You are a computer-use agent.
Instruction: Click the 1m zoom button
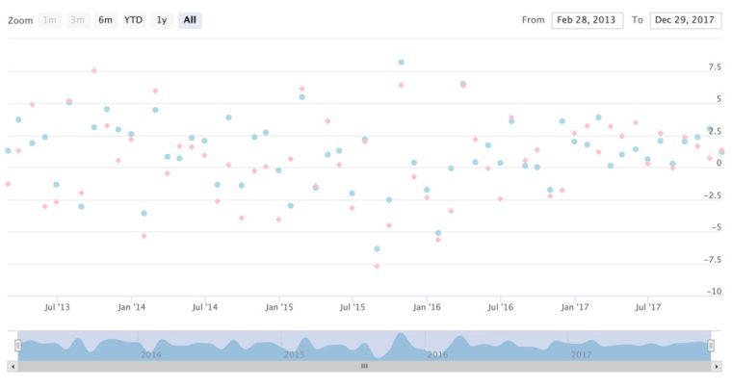[50, 20]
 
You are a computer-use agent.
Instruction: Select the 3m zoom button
[77, 20]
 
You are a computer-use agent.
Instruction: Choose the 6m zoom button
[105, 20]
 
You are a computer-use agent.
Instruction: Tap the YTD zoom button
[133, 20]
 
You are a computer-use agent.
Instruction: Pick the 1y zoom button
[162, 20]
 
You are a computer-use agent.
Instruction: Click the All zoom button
[190, 20]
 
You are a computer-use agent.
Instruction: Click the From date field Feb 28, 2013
[587, 20]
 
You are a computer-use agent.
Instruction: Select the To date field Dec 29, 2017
[686, 20]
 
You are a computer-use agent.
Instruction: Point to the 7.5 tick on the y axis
[714, 67]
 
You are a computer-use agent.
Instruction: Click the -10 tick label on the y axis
[714, 292]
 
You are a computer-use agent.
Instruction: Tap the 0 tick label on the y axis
[718, 164]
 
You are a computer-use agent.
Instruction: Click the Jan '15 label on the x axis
[278, 307]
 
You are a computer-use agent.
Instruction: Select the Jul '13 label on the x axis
[58, 307]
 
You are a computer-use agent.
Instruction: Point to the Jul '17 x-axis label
[648, 307]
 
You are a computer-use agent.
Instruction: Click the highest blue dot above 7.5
[401, 62]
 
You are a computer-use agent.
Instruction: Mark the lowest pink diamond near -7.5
[377, 266]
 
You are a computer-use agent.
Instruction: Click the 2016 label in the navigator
[437, 354]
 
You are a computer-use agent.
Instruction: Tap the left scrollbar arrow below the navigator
[13, 366]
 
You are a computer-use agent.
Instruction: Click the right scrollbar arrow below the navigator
[716, 366]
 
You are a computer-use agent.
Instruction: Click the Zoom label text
[20, 20]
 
